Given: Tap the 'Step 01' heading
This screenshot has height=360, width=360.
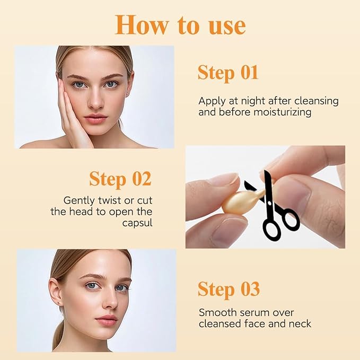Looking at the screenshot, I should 228,73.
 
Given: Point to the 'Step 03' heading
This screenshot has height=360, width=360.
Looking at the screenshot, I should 229,289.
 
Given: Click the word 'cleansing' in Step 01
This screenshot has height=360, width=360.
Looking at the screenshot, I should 318,101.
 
